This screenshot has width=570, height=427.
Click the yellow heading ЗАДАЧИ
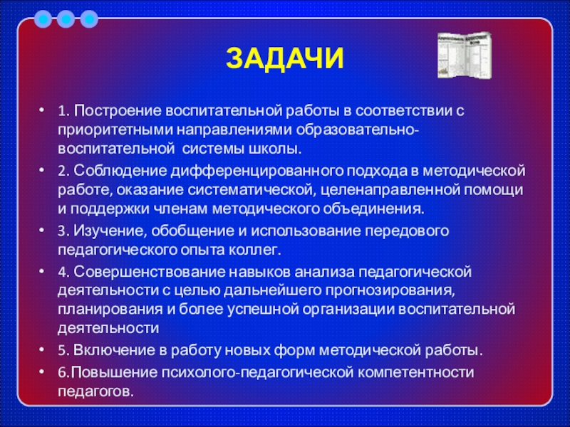(x=284, y=58)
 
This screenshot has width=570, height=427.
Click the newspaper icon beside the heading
(x=465, y=55)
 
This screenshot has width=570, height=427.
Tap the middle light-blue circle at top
(x=66, y=19)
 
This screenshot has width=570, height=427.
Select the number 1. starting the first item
(x=63, y=111)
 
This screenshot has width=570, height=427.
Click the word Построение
(x=118, y=111)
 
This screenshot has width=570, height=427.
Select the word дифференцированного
(x=257, y=172)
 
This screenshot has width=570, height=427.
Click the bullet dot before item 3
(x=42, y=229)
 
